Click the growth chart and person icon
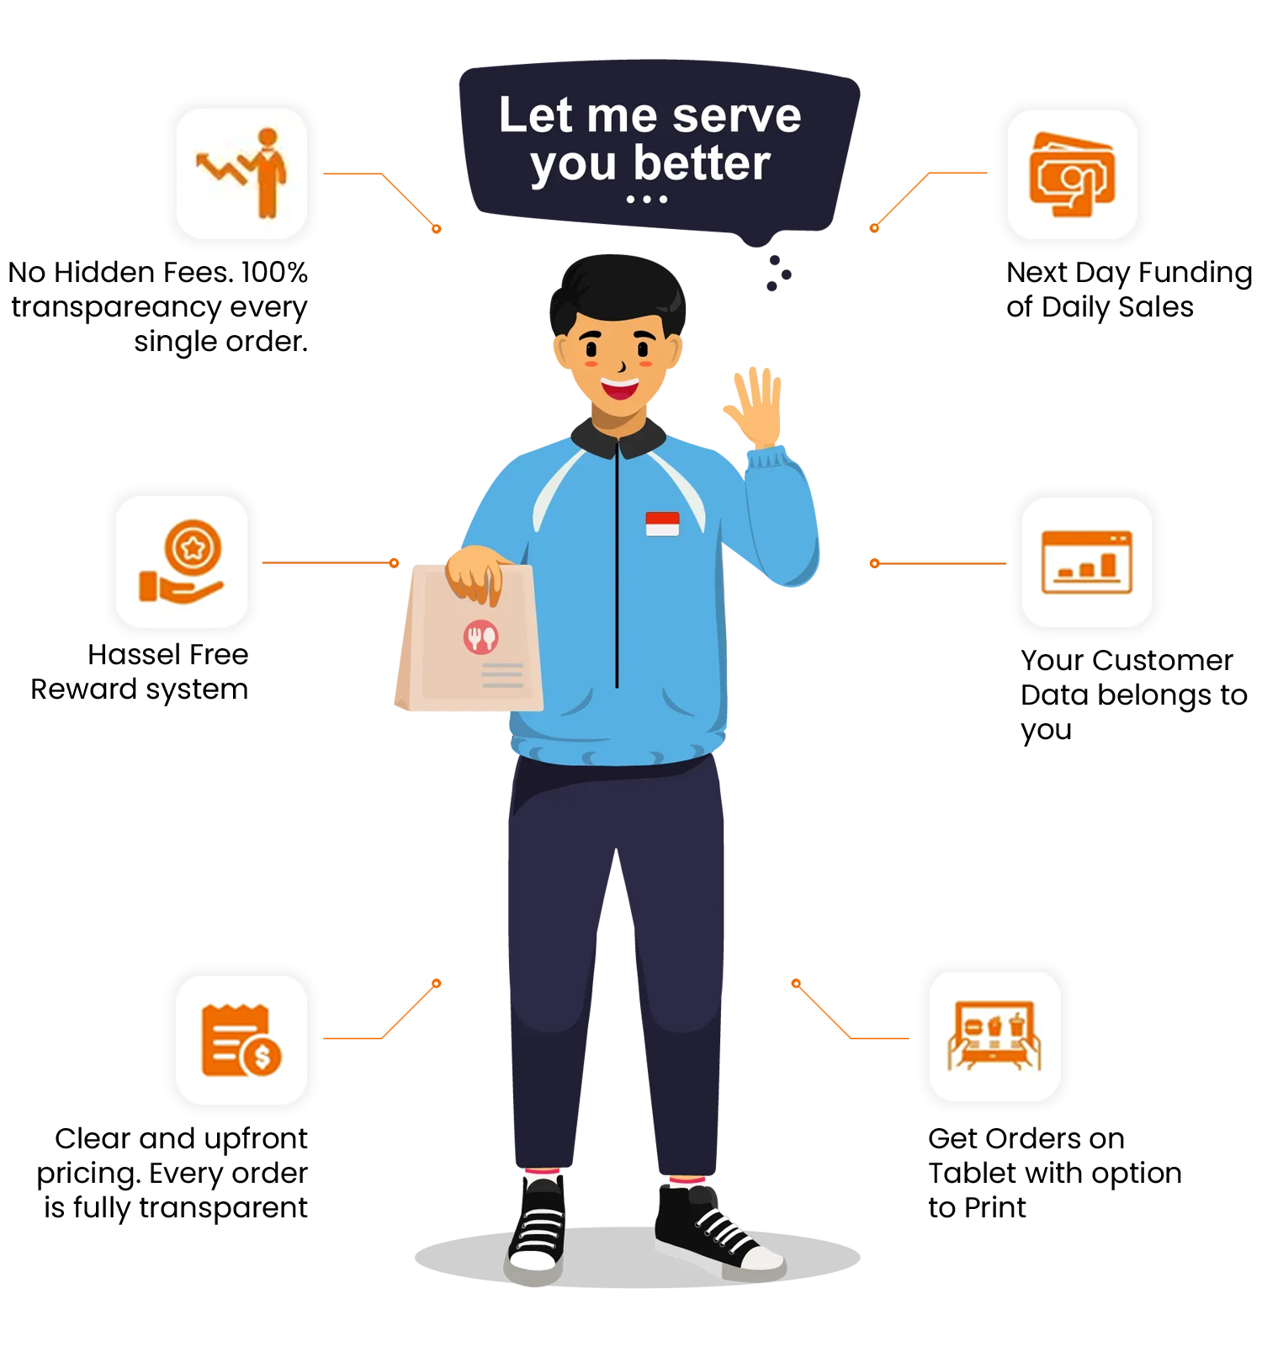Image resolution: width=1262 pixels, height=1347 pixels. point(242,173)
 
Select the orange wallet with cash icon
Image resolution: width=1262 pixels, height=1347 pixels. point(1073,174)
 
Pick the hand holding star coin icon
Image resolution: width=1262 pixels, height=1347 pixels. point(182,562)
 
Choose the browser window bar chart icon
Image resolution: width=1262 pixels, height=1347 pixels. point(1087,562)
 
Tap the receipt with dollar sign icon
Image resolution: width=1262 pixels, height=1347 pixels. point(241,1040)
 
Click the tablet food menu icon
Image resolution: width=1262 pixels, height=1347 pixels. point(994,1036)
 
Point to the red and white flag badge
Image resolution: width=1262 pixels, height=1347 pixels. point(662,524)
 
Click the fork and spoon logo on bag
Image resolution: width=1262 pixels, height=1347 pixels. point(481,637)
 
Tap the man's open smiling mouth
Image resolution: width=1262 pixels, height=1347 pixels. point(620,389)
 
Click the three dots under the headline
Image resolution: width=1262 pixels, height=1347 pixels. point(646,200)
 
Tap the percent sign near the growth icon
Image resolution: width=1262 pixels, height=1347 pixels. point(298,272)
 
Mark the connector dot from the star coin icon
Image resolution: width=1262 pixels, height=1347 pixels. point(395,562)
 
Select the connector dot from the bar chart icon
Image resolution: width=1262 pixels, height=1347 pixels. point(874,562)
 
